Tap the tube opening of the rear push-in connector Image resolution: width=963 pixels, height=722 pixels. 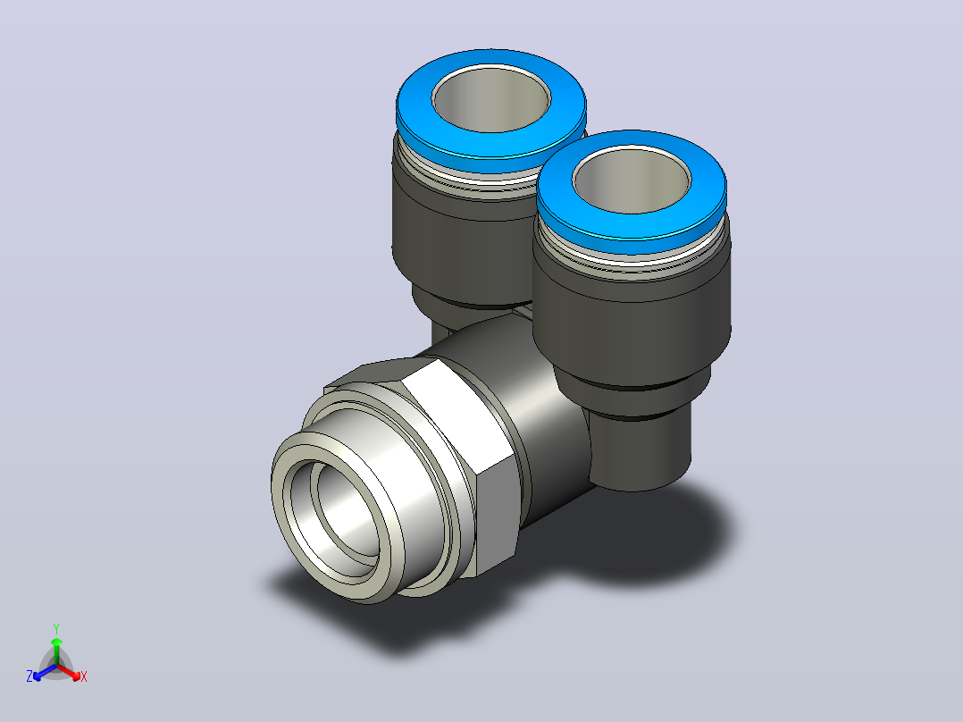click(491, 98)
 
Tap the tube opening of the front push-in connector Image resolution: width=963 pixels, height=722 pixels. click(632, 180)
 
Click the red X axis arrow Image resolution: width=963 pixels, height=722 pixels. click(69, 672)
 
